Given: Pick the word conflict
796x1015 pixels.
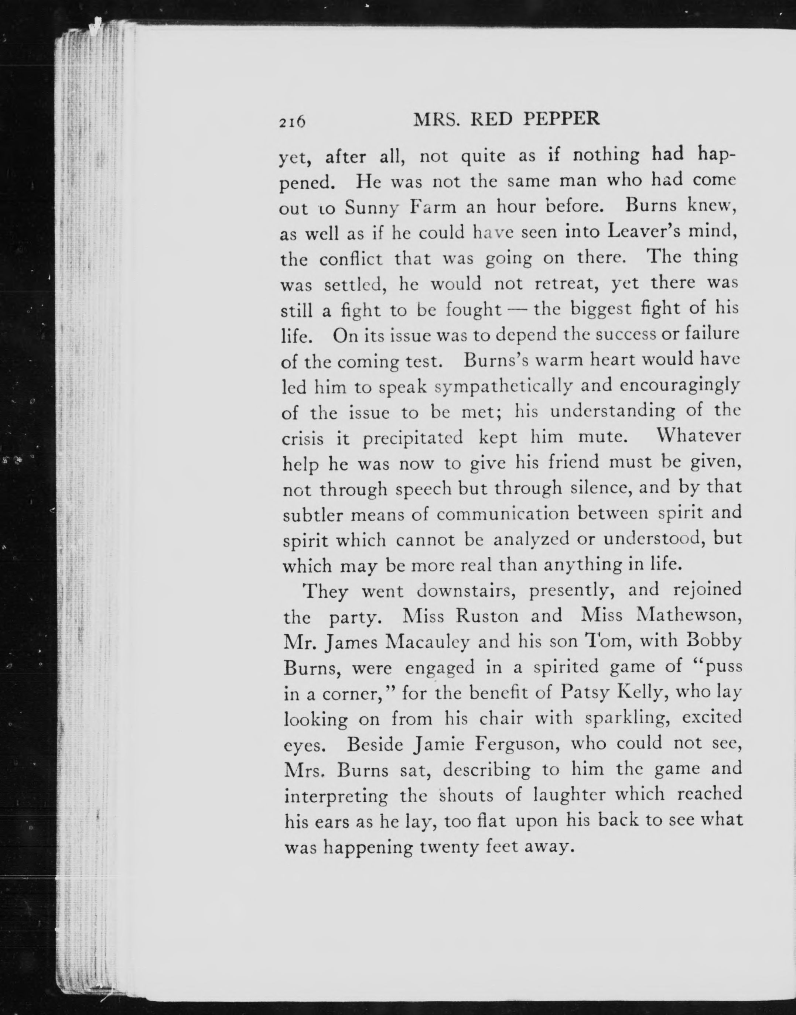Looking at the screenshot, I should (x=351, y=258).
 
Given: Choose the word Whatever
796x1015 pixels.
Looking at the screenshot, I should (x=698, y=436).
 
